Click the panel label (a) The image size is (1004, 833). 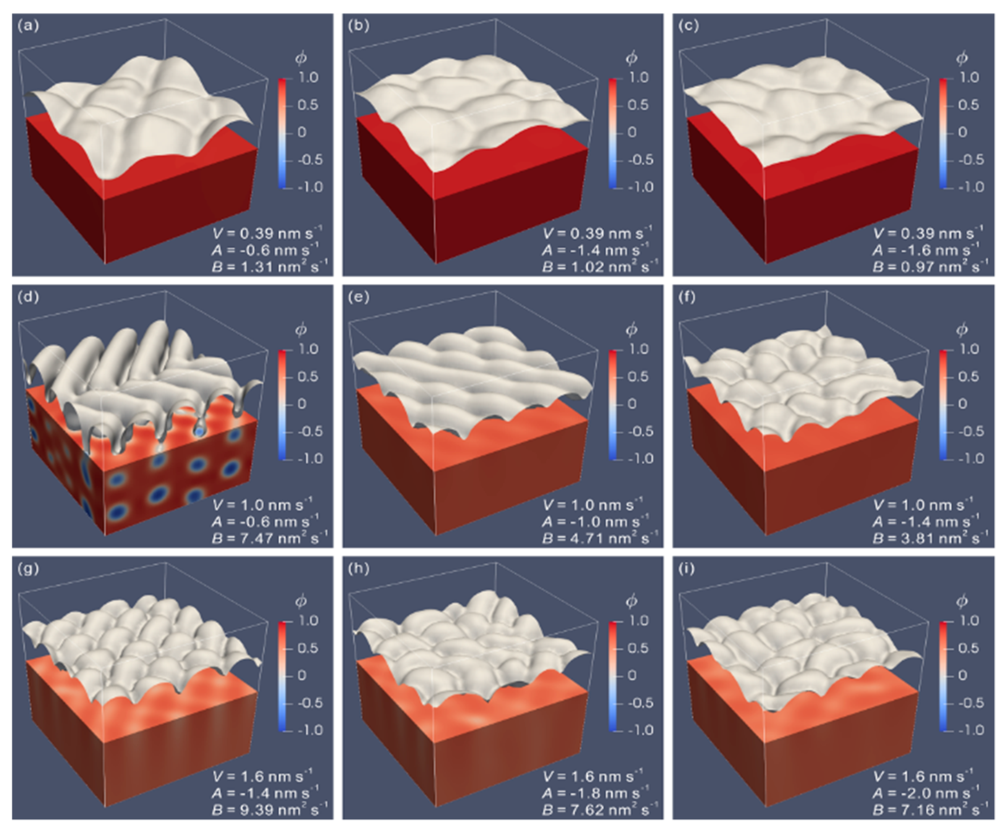pyautogui.click(x=28, y=25)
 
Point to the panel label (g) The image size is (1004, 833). pyautogui.click(x=28, y=569)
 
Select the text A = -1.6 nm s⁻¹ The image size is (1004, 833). pyautogui.click(x=927, y=249)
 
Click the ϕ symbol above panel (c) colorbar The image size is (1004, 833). pyautogui.click(x=961, y=58)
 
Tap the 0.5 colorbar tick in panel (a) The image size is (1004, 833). pyautogui.click(x=308, y=105)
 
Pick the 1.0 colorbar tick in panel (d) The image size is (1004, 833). pyautogui.click(x=308, y=349)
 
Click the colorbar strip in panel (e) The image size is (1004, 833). pyautogui.click(x=613, y=404)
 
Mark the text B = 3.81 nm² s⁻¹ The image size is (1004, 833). pyautogui.click(x=931, y=537)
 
